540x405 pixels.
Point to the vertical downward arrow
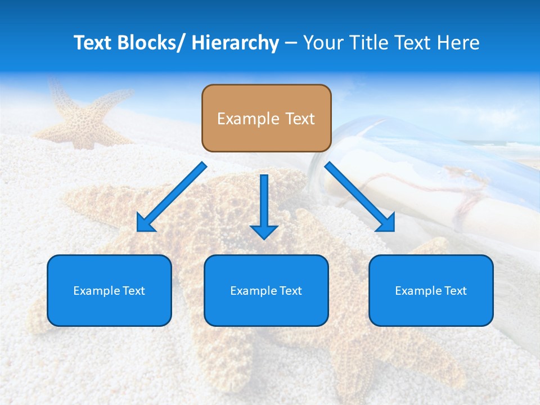pyautogui.click(x=264, y=205)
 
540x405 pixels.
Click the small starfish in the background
pyautogui.click(x=84, y=115)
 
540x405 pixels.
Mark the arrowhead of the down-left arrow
pyautogui.click(x=145, y=223)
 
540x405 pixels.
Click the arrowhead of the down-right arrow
pyautogui.click(x=386, y=223)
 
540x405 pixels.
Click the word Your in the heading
pyautogui.click(x=322, y=43)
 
